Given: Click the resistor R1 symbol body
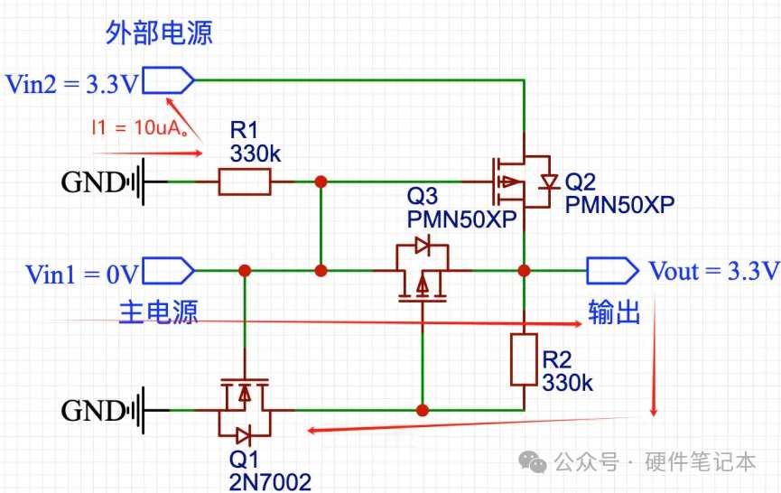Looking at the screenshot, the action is (245, 181).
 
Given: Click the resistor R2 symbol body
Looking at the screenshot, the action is (524, 359).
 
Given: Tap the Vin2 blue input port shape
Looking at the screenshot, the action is (168, 80).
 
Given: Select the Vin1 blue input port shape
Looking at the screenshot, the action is (168, 271).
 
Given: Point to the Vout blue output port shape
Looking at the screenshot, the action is (613, 271).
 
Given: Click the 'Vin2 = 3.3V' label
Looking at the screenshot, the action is (71, 84).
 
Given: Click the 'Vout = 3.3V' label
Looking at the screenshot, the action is (714, 271).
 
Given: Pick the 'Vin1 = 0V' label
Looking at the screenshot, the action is (82, 274).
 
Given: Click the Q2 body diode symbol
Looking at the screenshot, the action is (549, 181).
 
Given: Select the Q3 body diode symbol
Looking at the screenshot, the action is (423, 245).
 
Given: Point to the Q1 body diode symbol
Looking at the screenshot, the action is (244, 436).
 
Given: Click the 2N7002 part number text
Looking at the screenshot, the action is (270, 482).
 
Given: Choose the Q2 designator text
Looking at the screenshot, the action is (581, 182).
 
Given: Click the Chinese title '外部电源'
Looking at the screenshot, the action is (159, 33).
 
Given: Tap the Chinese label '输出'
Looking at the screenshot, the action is (614, 312).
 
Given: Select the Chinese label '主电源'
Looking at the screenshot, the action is (158, 312).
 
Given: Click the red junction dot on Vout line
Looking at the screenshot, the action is (524, 271).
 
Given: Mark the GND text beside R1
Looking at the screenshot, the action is (93, 182).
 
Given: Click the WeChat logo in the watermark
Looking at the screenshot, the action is (533, 461).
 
